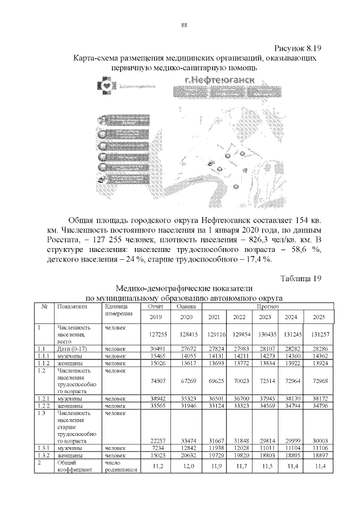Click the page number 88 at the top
[x=183, y=25]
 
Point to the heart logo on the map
[x=106, y=86]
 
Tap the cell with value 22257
[x=155, y=440]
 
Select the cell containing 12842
[x=185, y=447]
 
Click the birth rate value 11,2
[x=156, y=466]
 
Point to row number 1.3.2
[x=44, y=454]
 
